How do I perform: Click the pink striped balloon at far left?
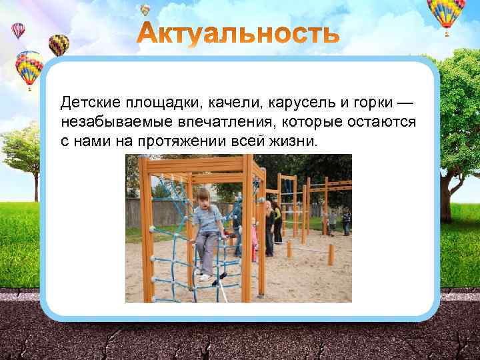pos(18,31)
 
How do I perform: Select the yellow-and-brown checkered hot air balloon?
pos(59,44)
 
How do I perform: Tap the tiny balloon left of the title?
pos(145,9)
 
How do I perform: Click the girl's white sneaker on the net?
pos(205,277)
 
